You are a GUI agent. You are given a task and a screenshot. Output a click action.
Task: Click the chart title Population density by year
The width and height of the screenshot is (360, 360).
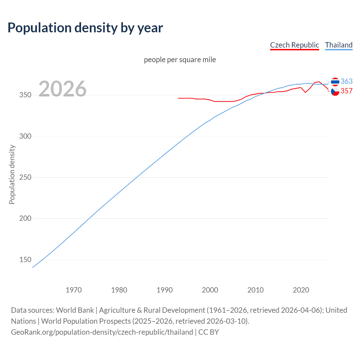(85, 28)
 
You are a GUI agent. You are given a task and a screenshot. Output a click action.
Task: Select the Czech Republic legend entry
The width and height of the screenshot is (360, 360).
(294, 45)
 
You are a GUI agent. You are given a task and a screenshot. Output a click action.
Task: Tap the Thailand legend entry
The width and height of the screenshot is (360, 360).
(339, 45)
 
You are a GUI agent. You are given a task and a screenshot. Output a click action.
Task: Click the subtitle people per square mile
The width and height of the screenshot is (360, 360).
(180, 60)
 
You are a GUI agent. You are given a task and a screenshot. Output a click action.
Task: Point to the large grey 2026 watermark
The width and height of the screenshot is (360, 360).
(62, 89)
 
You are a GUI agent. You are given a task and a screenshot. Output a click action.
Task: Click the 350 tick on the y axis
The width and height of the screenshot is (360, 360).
(25, 95)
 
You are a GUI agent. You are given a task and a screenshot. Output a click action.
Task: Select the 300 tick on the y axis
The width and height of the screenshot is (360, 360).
(25, 136)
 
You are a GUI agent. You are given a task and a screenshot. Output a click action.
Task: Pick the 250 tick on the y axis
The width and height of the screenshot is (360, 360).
(25, 177)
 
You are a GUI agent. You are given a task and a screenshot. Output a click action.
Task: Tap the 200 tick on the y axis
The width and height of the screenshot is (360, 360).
(25, 219)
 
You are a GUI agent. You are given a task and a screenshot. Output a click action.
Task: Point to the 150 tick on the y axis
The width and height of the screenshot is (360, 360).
(25, 260)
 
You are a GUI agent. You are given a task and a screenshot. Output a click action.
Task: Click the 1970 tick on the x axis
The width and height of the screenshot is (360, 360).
(74, 290)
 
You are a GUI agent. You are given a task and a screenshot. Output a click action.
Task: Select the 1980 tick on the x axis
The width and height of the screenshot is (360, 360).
(119, 290)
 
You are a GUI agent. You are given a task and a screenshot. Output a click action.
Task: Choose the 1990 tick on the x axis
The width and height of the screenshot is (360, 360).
(165, 290)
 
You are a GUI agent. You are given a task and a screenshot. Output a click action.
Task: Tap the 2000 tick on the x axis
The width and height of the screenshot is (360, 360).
(210, 290)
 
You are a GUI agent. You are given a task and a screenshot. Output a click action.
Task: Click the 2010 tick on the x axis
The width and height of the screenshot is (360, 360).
(255, 290)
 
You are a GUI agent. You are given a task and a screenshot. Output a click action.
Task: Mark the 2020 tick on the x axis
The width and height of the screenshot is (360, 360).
(301, 290)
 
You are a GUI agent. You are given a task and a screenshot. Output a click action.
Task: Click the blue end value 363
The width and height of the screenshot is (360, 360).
(346, 81)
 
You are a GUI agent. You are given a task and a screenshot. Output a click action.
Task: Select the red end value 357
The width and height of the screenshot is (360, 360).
(346, 91)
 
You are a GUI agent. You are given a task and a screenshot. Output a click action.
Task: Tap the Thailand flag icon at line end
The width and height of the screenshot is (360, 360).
(335, 82)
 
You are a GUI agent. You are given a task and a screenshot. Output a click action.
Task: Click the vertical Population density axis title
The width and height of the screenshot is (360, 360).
(12, 174)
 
